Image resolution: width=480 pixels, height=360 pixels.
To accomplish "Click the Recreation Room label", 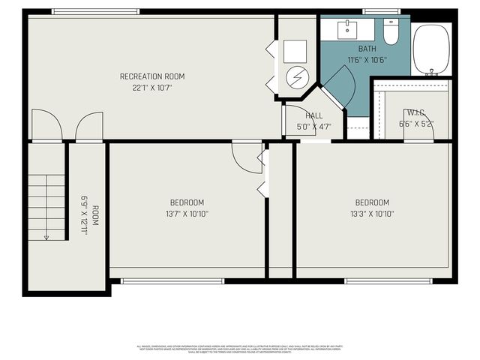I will [152, 76].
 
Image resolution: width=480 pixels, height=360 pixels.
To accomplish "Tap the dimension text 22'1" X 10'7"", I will [152, 88].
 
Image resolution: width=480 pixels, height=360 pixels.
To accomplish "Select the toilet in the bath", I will [391, 31].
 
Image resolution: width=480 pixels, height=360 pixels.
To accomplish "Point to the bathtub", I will [431, 49].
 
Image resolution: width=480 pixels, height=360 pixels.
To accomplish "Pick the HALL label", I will [314, 115].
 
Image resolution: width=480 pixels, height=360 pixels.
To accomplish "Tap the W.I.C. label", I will [416, 113].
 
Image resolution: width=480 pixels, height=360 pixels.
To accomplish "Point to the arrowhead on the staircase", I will [46, 237].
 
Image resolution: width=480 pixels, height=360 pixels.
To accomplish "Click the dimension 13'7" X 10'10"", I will [187, 214].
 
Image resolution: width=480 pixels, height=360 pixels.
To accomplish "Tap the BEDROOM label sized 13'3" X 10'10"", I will [372, 202].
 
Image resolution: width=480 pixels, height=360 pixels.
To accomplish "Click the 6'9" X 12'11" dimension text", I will [85, 216].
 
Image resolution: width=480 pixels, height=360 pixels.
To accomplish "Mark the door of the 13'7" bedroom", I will [245, 156].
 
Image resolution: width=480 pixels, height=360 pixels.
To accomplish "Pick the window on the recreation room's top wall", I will [96, 11].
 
